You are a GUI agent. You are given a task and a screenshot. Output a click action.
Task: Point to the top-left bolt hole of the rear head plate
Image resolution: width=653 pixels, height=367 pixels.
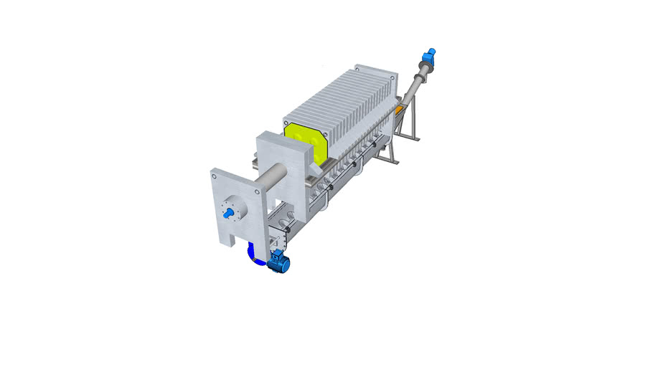pyautogui.click(x=358, y=69)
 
